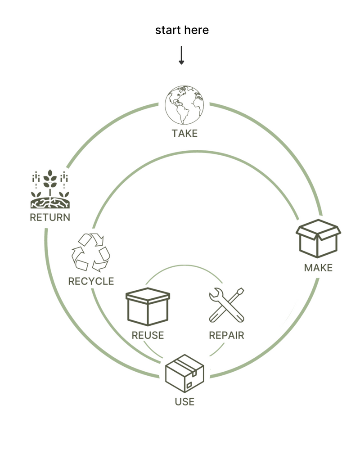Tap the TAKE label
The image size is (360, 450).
coord(184,134)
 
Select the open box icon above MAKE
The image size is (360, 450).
coord(318,238)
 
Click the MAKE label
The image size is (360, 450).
coord(318,268)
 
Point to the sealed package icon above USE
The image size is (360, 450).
coord(185,373)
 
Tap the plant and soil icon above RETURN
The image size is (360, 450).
coord(50,189)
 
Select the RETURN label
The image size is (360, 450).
coord(50,218)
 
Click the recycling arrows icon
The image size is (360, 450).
coord(90,252)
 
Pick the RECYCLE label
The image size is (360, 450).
coord(91,282)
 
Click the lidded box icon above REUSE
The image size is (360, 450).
coord(148,306)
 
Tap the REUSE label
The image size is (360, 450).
coord(148,336)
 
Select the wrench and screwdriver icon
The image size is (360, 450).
coord(227,305)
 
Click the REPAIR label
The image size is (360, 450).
coord(227,336)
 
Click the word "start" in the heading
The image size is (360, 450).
coord(168,31)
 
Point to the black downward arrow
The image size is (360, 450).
coord(181,55)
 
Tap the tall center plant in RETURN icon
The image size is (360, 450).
coord(50,182)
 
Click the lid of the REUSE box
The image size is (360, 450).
coord(148,295)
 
